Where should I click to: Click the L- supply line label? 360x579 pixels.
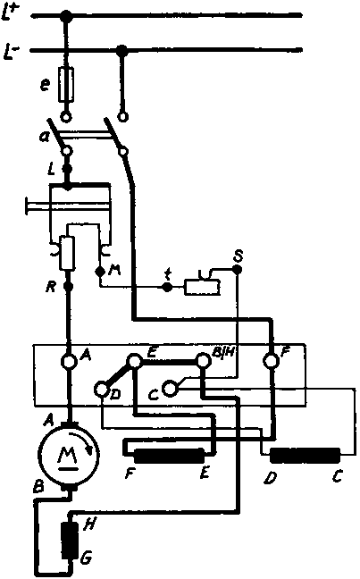[x=11, y=51]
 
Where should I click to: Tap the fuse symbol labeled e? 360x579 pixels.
[x=66, y=85]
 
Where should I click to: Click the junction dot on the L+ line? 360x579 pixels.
[x=66, y=15]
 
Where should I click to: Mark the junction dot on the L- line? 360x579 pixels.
[x=121, y=50]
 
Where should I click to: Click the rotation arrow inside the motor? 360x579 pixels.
[x=87, y=443]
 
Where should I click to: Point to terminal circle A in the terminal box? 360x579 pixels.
[x=68, y=361]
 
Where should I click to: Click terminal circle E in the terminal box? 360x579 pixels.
[x=134, y=361]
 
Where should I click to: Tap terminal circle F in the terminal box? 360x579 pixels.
[x=272, y=360]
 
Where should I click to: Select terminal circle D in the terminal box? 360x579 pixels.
[x=101, y=389]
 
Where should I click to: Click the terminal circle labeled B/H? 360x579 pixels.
[x=203, y=360]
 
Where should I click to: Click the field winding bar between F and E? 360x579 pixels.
[x=169, y=456]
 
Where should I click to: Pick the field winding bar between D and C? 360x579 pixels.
[x=305, y=456]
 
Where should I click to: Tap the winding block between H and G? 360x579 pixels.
[x=70, y=540]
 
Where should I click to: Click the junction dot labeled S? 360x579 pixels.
[x=238, y=270]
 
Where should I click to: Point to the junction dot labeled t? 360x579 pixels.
[x=167, y=287]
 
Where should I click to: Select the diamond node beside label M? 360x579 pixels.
[x=99, y=272]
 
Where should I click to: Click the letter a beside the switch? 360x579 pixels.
[x=46, y=137]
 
